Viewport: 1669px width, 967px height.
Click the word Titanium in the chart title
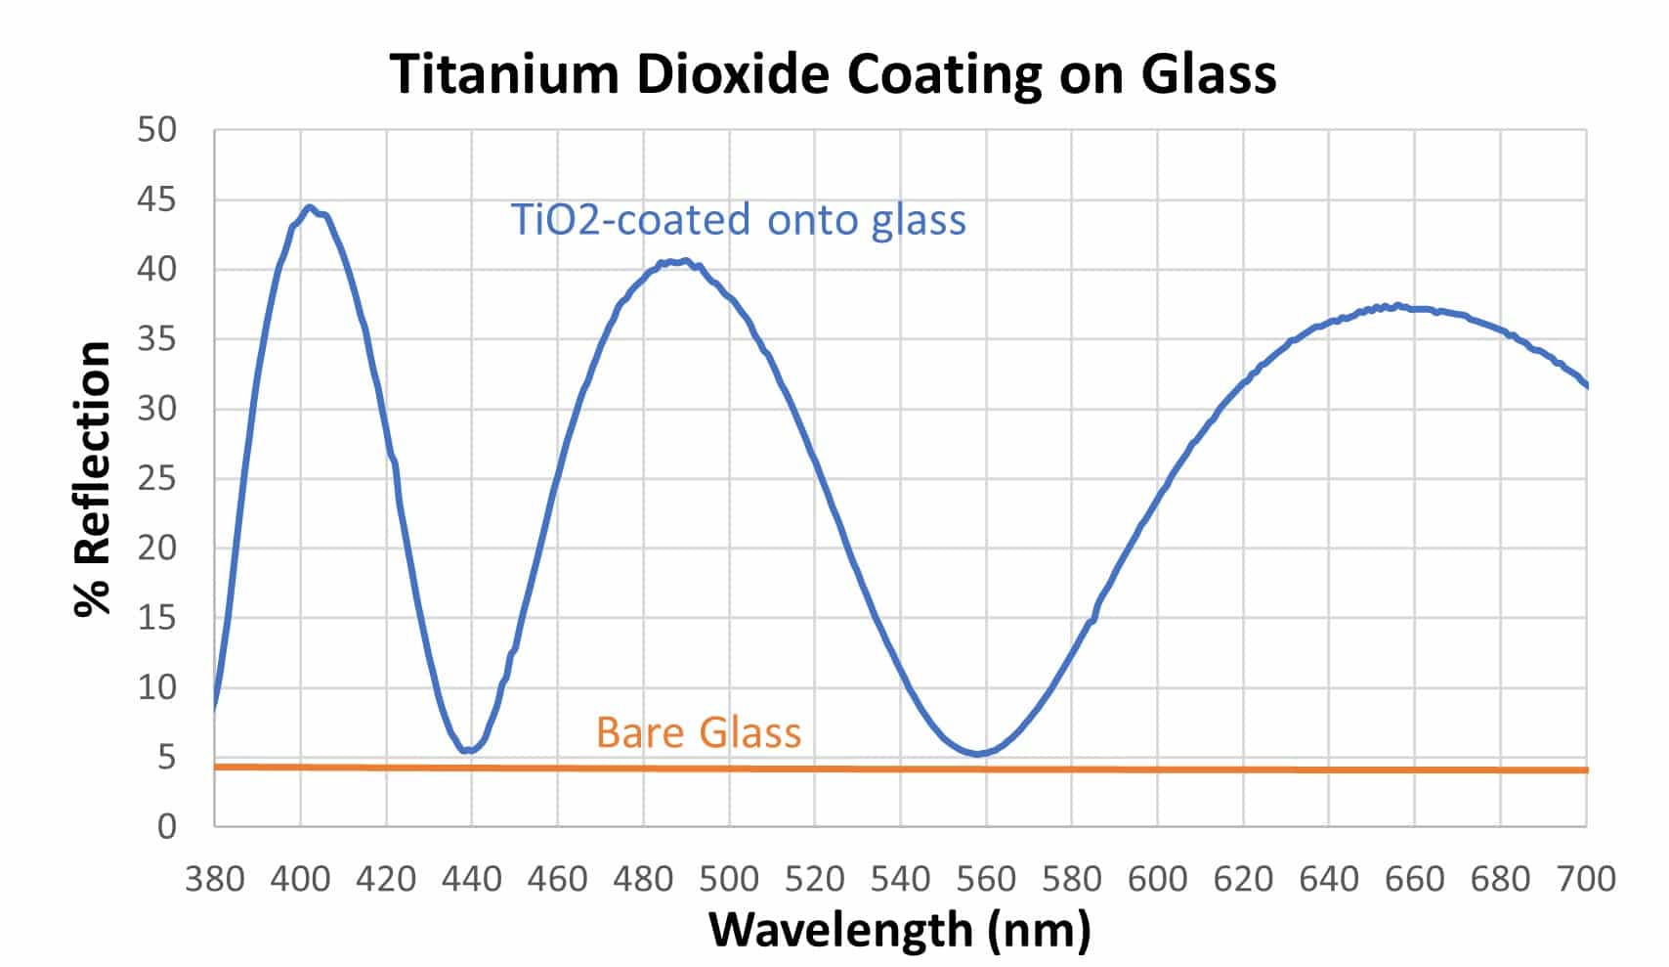click(504, 73)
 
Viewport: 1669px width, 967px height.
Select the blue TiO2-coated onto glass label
click(738, 219)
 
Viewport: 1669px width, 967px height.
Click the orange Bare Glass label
click(698, 732)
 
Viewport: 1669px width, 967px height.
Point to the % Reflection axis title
click(93, 478)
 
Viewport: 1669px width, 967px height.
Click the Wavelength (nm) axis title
click(899, 930)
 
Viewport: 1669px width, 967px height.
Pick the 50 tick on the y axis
click(156, 130)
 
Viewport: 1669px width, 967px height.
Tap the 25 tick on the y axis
click(156, 478)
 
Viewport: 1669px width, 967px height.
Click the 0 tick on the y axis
click(167, 826)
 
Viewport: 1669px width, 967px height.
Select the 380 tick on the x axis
click(215, 879)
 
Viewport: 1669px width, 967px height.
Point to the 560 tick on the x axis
click(986, 879)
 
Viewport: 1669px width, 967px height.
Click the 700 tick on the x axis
click(1586, 879)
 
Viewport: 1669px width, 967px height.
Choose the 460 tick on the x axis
click(557, 879)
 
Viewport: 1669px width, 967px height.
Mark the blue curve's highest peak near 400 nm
click(310, 207)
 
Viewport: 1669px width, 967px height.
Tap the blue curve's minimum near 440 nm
click(468, 750)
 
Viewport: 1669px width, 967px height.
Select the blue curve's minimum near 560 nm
click(977, 754)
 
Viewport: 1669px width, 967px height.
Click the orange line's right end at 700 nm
click(1585, 770)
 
